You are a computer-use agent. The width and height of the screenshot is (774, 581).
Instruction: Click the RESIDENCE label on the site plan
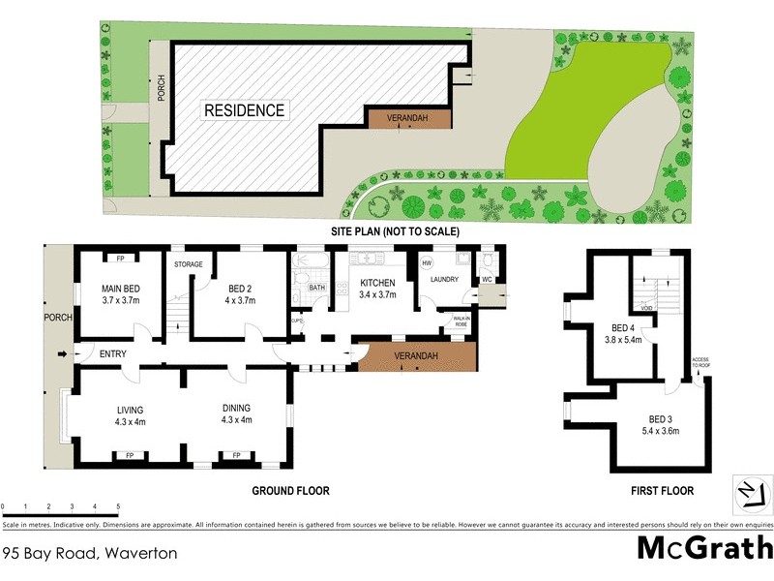[x=244, y=110]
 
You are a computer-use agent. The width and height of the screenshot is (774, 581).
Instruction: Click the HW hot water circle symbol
[x=426, y=261]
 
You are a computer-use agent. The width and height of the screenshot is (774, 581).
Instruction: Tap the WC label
[x=487, y=280]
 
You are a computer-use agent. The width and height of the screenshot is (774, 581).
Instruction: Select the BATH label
[x=316, y=288]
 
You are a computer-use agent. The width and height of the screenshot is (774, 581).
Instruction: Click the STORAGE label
[x=188, y=263]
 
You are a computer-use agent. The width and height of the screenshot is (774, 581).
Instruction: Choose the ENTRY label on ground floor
[x=113, y=353]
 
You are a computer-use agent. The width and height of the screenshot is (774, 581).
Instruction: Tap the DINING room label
[x=236, y=414]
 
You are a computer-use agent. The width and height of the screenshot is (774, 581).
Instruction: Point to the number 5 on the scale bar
[x=118, y=506]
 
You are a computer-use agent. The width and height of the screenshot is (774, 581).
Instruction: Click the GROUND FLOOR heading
[x=290, y=491]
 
